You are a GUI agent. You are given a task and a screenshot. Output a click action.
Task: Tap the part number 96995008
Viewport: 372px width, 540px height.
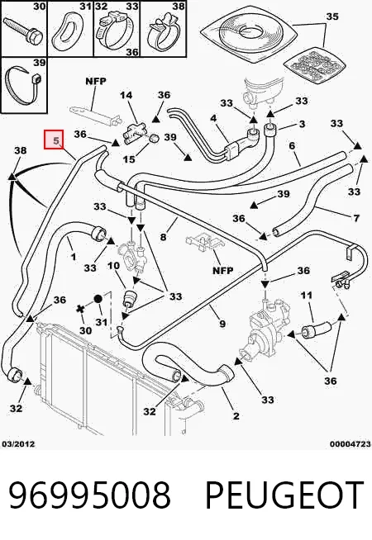[x=89, y=495]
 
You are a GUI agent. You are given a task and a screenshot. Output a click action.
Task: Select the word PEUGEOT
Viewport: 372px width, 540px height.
[x=284, y=495]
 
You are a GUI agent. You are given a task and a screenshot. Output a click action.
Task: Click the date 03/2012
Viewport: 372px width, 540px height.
[x=19, y=444]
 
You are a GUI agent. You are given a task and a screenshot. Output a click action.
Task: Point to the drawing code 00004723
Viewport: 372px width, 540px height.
[x=350, y=444]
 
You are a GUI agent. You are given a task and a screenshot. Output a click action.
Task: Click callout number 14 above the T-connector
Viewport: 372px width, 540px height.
[x=126, y=95]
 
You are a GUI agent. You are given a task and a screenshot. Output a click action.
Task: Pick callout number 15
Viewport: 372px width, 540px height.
[x=129, y=159]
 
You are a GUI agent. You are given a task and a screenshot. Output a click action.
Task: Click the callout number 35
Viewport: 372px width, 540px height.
[x=332, y=17]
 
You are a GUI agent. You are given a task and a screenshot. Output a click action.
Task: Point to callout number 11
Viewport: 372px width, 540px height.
[x=307, y=295]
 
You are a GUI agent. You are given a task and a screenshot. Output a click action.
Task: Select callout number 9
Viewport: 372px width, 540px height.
[x=222, y=324]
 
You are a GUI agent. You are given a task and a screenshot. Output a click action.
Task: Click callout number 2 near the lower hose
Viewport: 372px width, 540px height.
[x=236, y=415]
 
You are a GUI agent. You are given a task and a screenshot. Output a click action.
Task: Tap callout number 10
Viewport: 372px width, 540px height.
[x=113, y=265]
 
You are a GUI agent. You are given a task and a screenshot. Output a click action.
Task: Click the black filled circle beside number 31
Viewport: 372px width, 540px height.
[x=98, y=299]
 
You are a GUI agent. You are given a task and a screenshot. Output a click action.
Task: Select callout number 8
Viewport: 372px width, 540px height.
[x=163, y=237]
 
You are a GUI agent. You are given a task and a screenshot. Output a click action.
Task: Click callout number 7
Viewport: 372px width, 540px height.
[x=356, y=218]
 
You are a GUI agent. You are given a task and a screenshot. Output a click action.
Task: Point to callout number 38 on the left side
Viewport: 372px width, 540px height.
[x=21, y=150]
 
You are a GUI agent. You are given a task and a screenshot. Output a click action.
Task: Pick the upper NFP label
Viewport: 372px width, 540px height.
[x=96, y=81]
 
